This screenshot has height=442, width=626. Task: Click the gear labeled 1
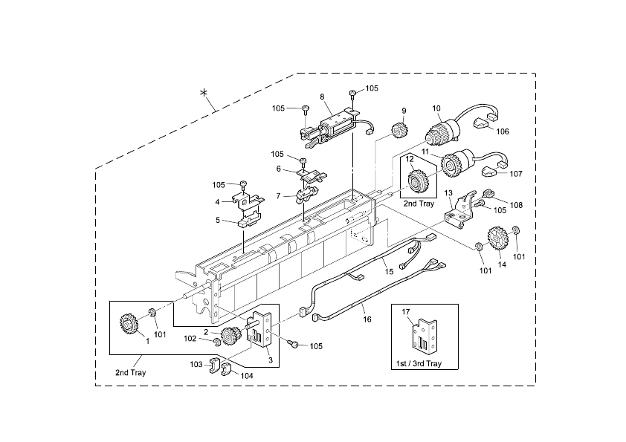[129, 325]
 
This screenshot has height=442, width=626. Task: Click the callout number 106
[503, 131]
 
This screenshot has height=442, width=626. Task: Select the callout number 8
[322, 97]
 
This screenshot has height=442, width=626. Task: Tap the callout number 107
[515, 174]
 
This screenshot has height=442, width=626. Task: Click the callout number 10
[436, 108]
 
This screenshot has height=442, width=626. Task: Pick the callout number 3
[271, 360]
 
